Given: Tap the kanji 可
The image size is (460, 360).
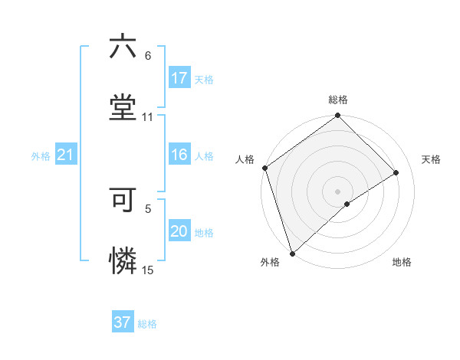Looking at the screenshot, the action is [x=123, y=199].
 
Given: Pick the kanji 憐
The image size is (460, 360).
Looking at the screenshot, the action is [x=123, y=260].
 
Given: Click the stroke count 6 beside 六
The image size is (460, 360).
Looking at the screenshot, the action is [x=148, y=56].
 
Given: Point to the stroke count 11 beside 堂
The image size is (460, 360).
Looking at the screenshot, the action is [x=148, y=117].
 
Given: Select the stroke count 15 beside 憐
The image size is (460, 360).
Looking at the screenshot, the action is [x=148, y=270].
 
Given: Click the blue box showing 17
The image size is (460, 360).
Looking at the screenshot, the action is [x=179, y=78].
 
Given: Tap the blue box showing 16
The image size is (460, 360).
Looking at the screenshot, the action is [x=179, y=155].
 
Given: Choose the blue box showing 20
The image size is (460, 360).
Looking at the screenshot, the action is [x=179, y=232].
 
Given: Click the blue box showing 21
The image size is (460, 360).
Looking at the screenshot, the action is [x=65, y=155].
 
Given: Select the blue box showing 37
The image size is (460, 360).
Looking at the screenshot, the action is [x=122, y=322].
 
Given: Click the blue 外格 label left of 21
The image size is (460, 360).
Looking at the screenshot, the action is [x=41, y=156].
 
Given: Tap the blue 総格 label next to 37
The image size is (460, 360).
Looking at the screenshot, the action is [x=147, y=324].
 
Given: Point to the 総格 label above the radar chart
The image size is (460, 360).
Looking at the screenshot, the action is [x=338, y=100].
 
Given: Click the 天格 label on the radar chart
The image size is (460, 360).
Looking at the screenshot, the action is [x=432, y=159].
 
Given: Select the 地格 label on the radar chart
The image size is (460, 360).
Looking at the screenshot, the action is [x=402, y=262].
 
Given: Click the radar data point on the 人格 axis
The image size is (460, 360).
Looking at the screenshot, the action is [x=264, y=168].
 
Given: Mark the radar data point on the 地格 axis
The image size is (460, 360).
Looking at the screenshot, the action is [x=347, y=204].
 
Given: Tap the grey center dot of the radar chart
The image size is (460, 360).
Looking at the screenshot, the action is [x=338, y=191].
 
